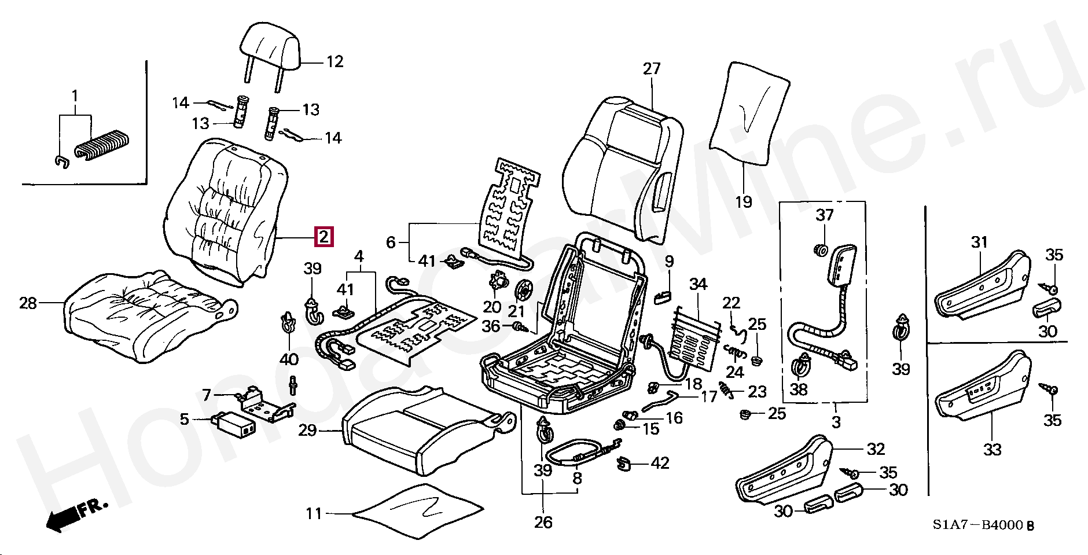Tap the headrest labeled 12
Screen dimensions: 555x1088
pyautogui.click(x=270, y=46)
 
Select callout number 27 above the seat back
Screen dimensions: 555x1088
pyautogui.click(x=652, y=69)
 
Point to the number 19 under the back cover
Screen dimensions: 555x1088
pyautogui.click(x=744, y=201)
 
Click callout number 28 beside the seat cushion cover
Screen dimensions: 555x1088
pyautogui.click(x=28, y=303)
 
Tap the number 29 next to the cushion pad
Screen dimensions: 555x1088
pyautogui.click(x=308, y=430)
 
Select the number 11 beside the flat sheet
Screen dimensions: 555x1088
pyautogui.click(x=314, y=513)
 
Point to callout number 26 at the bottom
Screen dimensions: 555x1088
pyautogui.click(x=543, y=522)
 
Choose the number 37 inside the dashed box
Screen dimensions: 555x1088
pyautogui.click(x=825, y=215)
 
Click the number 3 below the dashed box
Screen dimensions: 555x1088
pyautogui.click(x=836, y=422)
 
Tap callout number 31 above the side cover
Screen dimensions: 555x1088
pyautogui.click(x=979, y=242)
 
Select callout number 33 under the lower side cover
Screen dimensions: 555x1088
pyautogui.click(x=993, y=449)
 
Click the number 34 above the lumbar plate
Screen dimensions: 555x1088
pyautogui.click(x=699, y=284)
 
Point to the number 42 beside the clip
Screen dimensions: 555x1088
pyautogui.click(x=660, y=463)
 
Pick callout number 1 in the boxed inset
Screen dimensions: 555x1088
pyautogui.click(x=75, y=95)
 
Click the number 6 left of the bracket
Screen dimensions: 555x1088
pyautogui.click(x=391, y=242)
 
